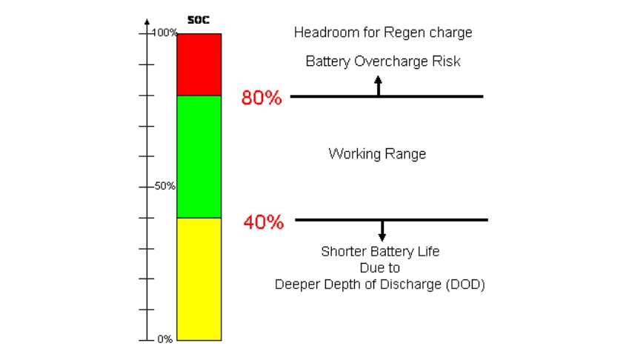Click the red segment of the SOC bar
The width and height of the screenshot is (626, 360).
[x=199, y=64]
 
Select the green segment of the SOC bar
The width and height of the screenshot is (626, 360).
[x=199, y=156]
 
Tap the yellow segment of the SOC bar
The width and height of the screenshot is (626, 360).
[x=199, y=279]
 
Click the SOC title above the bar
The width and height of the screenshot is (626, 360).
[x=199, y=20]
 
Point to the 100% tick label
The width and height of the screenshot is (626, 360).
[x=164, y=33]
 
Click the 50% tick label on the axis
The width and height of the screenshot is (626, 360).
[x=164, y=186]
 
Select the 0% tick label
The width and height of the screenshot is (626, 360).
[x=164, y=339]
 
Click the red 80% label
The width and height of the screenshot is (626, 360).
[x=262, y=98]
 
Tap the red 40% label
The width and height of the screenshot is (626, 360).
[x=263, y=221]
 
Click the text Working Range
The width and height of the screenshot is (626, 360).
[x=377, y=154]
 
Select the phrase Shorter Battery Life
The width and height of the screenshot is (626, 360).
[x=380, y=251]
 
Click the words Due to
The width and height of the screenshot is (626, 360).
[x=380, y=267]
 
